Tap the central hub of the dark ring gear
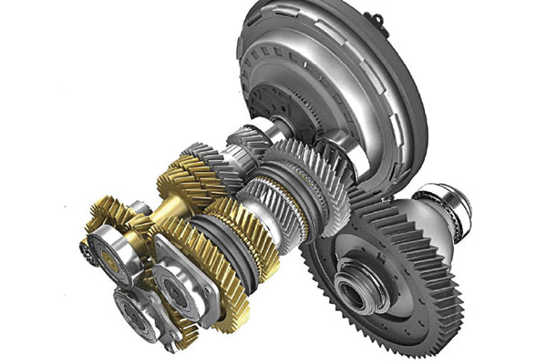353,292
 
